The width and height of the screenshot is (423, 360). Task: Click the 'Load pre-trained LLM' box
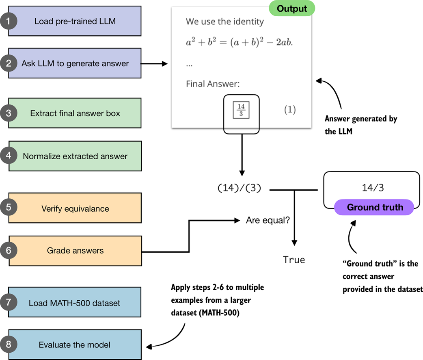click(75, 21)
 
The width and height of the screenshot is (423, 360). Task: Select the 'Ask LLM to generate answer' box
click(75, 63)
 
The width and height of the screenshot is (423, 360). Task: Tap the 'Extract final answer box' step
click(75, 113)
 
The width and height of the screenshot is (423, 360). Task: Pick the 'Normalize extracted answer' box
click(75, 156)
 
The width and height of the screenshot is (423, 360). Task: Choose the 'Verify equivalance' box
click(75, 208)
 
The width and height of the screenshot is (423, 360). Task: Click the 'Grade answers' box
click(75, 251)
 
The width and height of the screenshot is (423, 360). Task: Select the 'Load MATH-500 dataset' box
click(75, 303)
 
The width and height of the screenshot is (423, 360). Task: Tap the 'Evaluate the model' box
click(75, 345)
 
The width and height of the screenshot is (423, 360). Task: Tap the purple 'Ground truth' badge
click(375, 207)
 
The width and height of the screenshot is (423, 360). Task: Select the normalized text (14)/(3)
click(240, 189)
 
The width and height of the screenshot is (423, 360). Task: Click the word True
click(294, 259)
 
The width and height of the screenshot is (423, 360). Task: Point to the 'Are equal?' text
click(268, 221)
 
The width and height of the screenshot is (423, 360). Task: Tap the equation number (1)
click(289, 110)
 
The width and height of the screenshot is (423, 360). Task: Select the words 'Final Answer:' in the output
click(213, 84)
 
